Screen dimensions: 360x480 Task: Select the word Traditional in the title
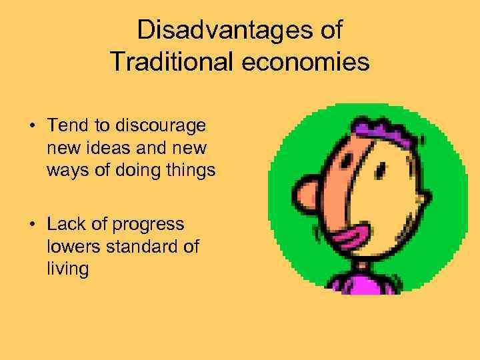(x=170, y=62)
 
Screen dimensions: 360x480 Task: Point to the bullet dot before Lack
(x=32, y=225)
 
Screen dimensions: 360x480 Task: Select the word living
(x=68, y=269)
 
